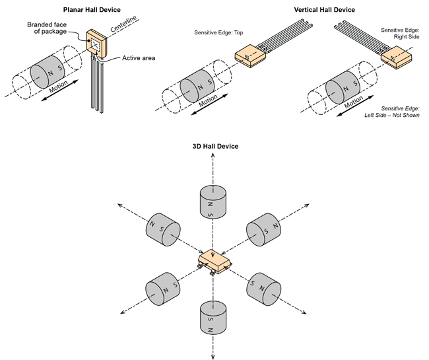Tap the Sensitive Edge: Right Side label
pos(401,34)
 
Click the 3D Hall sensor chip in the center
pos(213,260)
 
